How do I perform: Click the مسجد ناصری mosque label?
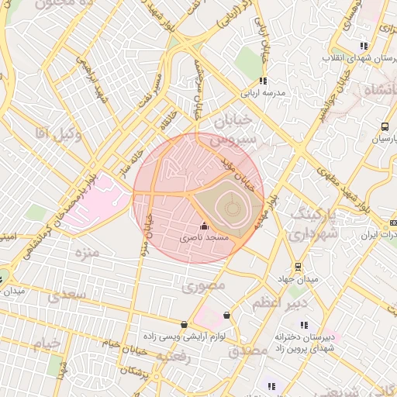point(205,238)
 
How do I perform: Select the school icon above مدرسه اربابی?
point(263,81)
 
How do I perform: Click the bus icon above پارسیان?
point(385,127)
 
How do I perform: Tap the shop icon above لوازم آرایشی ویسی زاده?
point(184,324)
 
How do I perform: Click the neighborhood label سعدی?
point(63,295)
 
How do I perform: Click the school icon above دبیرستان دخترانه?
point(305,325)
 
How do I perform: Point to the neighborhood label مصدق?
point(248,350)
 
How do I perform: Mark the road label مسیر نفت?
point(147,91)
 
